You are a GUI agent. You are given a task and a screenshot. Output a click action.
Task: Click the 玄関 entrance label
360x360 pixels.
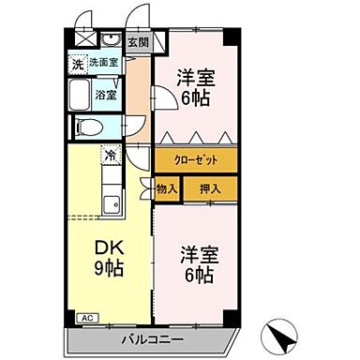coord(138,42)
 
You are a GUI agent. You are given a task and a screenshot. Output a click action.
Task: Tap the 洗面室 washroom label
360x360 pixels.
coord(104,63)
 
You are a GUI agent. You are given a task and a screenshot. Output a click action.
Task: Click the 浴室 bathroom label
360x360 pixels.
coord(105,95)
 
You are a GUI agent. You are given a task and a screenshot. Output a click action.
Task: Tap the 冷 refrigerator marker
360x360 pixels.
coord(111,156)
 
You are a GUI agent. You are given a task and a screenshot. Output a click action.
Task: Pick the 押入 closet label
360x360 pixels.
coord(210,189)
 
